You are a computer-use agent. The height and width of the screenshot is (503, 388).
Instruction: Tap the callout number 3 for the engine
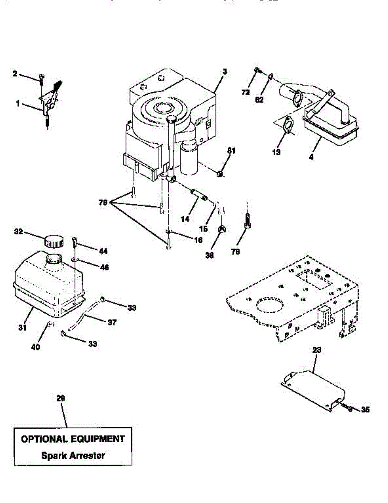coord(224,72)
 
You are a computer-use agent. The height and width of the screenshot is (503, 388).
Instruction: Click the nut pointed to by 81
coord(219,174)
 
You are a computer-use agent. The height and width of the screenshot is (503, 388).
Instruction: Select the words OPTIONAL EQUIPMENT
coord(73,439)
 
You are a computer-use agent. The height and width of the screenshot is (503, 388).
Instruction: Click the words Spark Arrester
coord(73,455)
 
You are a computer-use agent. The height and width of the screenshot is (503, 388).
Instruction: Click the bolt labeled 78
coord(247,220)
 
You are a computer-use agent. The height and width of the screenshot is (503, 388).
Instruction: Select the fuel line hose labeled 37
coord(84,316)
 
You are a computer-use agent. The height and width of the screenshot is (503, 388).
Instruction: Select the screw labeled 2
coord(41,78)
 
